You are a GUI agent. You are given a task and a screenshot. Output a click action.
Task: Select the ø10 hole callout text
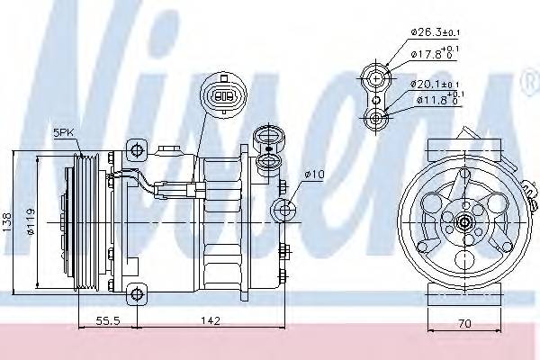pyautogui.click(x=315, y=175)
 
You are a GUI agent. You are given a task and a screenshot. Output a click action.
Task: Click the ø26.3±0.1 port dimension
pyautogui.click(x=436, y=33)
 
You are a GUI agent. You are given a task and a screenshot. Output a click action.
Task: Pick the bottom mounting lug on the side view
pyautogui.click(x=136, y=292)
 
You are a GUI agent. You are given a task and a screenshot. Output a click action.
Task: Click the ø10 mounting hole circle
pyautogui.click(x=287, y=211)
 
